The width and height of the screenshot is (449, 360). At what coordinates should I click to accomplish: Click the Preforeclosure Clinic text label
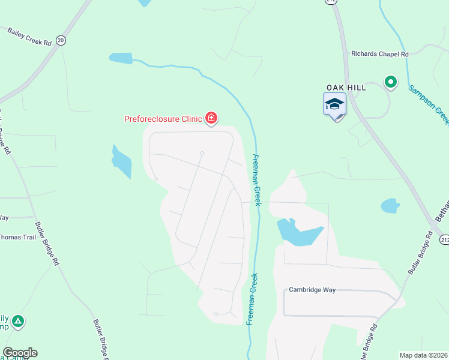point(163,119)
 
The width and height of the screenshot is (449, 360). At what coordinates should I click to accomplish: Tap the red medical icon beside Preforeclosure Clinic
point(211,118)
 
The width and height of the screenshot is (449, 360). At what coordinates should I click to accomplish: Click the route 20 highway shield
point(60,40)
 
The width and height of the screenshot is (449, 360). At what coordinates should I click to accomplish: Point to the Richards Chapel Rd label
point(380,54)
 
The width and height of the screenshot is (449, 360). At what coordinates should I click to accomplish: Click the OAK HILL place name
point(346,87)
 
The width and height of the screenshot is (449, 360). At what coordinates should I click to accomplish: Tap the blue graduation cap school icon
point(335,105)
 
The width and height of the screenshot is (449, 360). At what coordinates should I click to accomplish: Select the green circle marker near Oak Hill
point(391,82)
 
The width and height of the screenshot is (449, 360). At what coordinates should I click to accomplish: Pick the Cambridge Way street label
point(312,290)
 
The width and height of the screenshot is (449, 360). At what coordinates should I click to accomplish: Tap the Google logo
point(20,353)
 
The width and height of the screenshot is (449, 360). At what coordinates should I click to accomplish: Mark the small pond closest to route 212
point(390,206)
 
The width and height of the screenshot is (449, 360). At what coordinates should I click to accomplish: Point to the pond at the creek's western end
point(121,58)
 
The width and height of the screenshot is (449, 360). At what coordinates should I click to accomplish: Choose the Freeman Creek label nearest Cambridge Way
point(253,299)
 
